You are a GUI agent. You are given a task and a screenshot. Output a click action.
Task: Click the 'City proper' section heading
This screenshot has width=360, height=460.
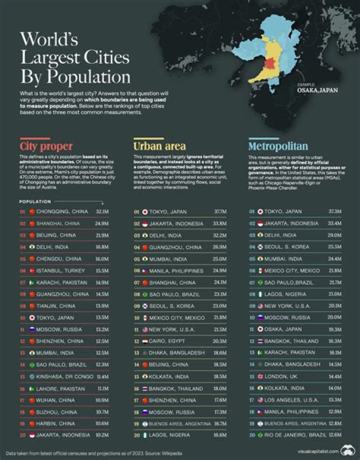[x=46, y=146]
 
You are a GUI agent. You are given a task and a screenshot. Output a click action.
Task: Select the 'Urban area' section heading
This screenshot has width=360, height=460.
[x=159, y=146]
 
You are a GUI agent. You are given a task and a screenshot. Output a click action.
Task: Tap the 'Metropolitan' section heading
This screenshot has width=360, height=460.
[x=278, y=146]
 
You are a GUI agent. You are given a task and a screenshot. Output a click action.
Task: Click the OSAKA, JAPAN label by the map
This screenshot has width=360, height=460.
[x=317, y=91]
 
